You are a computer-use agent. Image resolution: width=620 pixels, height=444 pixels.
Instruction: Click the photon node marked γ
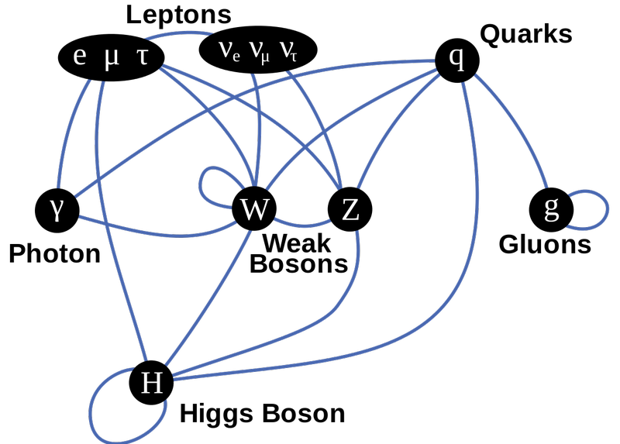tap(57, 210)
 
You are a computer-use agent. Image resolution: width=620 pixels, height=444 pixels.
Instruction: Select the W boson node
tap(254, 208)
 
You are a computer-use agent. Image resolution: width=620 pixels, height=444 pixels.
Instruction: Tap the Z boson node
tap(350, 209)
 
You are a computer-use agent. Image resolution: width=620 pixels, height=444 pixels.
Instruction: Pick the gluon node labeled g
tap(551, 209)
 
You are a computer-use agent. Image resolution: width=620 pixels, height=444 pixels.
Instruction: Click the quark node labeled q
tap(457, 60)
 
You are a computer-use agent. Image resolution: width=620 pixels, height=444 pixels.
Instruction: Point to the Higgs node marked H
tap(151, 382)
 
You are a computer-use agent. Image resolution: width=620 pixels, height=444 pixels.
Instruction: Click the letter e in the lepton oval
tap(80, 57)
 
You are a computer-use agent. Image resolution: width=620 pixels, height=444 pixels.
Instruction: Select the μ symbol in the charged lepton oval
tap(111, 60)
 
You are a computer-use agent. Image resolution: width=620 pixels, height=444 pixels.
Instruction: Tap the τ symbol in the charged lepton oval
tap(143, 57)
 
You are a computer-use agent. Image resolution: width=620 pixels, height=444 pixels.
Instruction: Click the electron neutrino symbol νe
tap(229, 51)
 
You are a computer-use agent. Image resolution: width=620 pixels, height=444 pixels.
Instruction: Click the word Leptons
tap(178, 15)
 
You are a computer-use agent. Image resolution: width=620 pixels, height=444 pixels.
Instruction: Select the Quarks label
tap(526, 34)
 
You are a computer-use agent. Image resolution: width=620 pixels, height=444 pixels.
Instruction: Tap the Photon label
tap(54, 253)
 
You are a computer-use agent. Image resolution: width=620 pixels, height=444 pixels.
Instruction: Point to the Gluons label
tap(545, 244)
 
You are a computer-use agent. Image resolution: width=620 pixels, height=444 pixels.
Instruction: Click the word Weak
tap(296, 243)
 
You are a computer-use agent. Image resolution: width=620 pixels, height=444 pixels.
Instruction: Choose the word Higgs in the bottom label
tap(217, 415)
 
